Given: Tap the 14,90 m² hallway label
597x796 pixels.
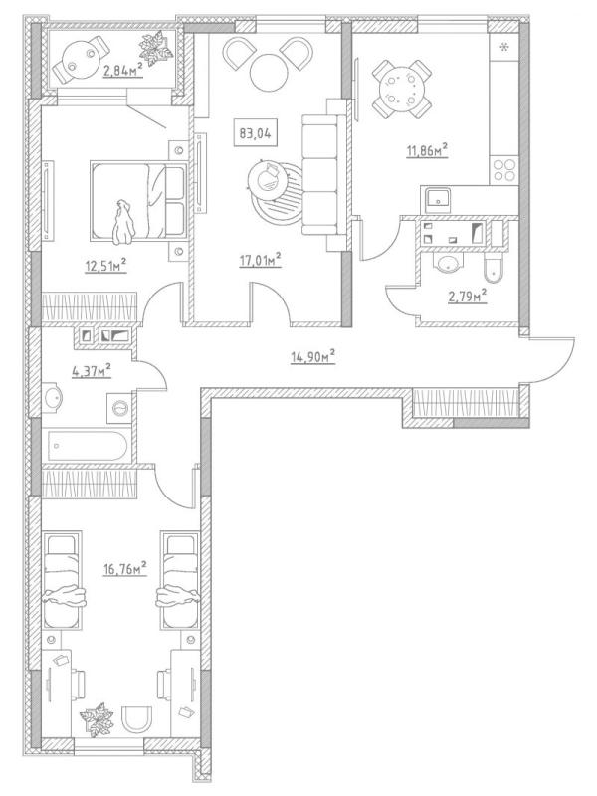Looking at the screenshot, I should tap(311, 355).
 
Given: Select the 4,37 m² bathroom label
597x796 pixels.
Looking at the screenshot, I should tap(90, 371).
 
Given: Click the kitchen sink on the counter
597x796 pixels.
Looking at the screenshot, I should tap(438, 199).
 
